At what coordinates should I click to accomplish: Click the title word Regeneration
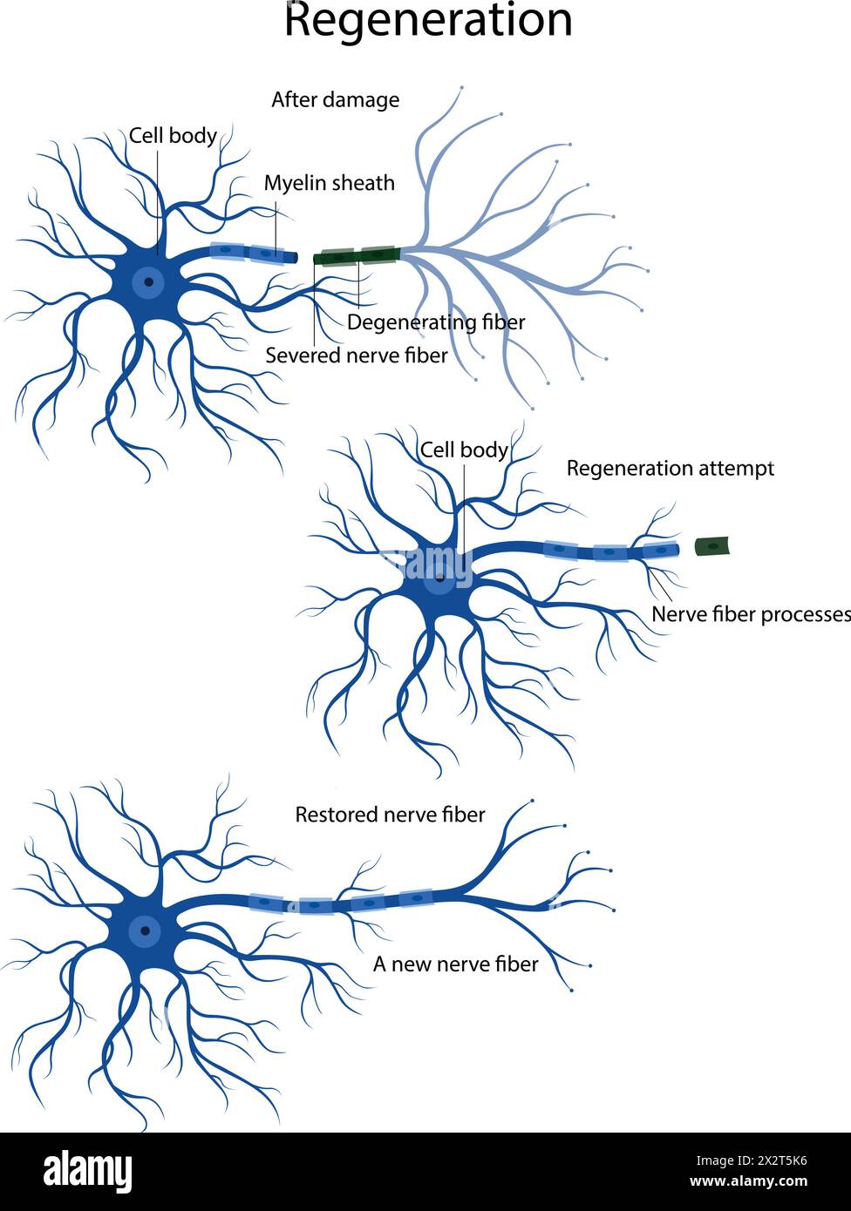[428, 21]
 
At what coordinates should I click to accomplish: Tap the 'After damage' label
[335, 100]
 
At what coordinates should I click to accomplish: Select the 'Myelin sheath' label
[329, 183]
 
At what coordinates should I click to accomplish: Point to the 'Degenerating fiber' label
[436, 322]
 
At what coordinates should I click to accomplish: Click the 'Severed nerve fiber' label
[356, 355]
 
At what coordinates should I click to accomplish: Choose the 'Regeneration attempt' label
[670, 469]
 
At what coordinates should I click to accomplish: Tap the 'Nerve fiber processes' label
[750, 614]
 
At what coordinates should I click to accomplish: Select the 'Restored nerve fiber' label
[390, 815]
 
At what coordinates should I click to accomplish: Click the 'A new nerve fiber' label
[455, 964]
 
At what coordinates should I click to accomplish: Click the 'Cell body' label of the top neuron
[173, 136]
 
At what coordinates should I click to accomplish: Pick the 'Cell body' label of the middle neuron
[464, 450]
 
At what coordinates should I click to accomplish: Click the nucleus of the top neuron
[150, 281]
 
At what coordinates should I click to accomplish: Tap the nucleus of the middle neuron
[440, 577]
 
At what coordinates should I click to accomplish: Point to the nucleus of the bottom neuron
[145, 930]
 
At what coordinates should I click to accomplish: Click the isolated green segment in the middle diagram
[711, 547]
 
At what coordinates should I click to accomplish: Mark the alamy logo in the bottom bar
[87, 1171]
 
